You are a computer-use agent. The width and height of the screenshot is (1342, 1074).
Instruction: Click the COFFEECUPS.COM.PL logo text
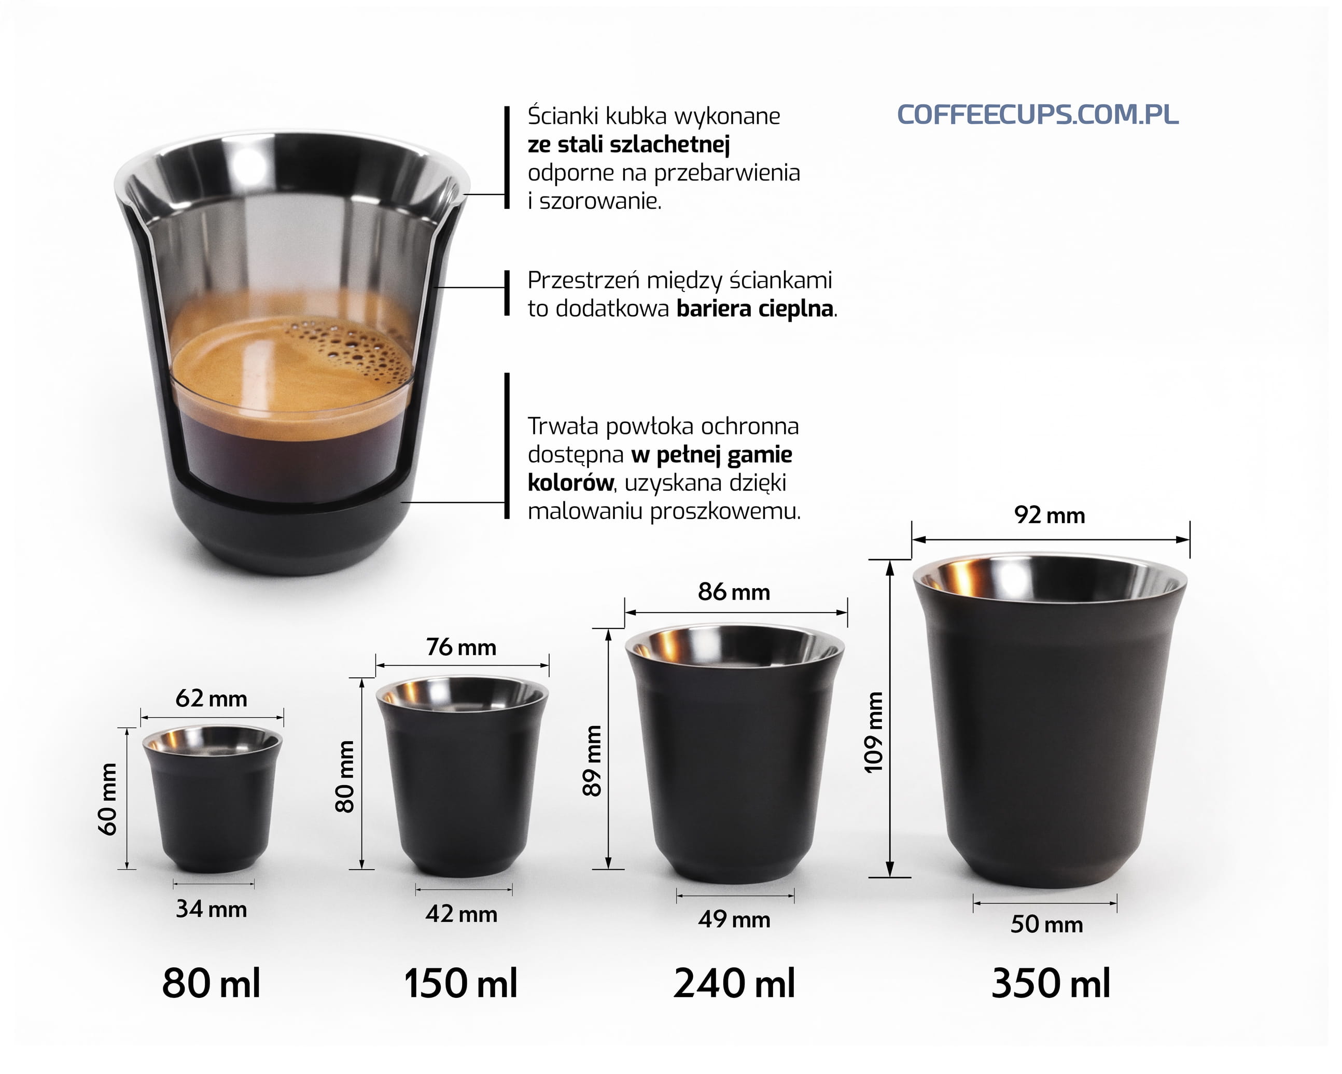(x=1038, y=115)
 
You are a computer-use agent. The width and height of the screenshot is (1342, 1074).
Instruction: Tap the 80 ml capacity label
(x=212, y=984)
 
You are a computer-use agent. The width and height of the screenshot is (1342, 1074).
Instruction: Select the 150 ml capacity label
(x=460, y=984)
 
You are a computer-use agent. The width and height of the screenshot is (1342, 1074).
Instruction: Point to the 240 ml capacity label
(x=734, y=984)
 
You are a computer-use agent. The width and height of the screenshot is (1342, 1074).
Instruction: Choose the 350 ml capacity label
(x=1051, y=984)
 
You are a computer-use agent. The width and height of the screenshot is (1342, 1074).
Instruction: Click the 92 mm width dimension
(x=1050, y=515)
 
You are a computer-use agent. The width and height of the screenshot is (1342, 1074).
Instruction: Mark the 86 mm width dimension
(x=734, y=592)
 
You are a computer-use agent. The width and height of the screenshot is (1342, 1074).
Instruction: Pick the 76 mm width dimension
(x=461, y=648)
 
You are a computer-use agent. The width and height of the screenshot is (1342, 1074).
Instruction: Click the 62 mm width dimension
(x=212, y=699)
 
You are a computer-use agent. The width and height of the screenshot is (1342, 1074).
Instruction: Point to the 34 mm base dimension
(x=212, y=909)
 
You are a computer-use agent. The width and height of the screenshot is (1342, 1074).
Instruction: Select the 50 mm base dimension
(x=1047, y=924)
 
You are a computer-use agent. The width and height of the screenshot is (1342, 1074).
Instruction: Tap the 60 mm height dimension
(x=108, y=799)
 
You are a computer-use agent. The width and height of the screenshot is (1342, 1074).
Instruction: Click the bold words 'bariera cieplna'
(x=755, y=309)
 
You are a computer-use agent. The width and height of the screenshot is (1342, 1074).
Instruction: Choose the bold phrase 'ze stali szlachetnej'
(x=628, y=145)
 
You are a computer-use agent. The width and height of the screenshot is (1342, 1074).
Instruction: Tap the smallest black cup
(x=212, y=798)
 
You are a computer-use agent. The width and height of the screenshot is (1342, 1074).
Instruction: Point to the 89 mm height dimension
(x=593, y=761)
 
